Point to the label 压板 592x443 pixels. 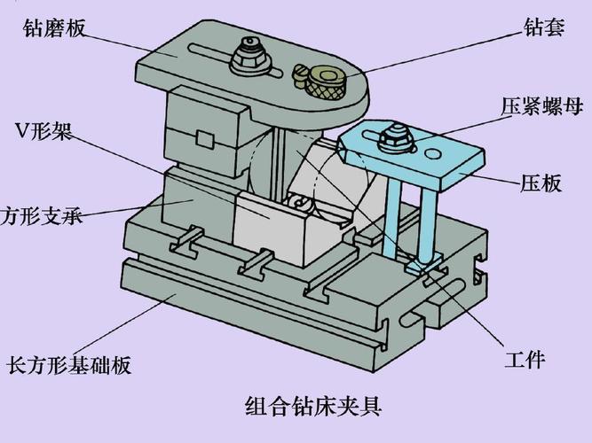(x=541, y=184)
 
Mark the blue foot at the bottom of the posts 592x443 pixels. (x=424, y=263)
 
